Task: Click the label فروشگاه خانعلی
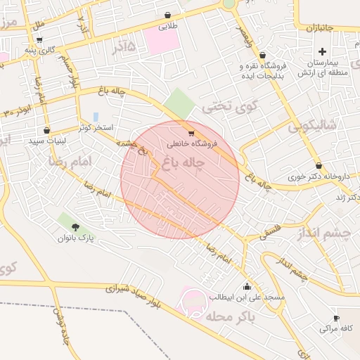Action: click(x=192, y=143)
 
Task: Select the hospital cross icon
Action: click(x=323, y=51)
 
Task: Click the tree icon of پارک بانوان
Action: click(x=75, y=227)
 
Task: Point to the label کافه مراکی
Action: click(x=335, y=328)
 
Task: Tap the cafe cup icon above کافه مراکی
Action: click(x=336, y=318)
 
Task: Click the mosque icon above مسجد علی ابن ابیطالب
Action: click(x=247, y=287)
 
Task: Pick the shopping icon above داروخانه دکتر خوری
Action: click(x=319, y=165)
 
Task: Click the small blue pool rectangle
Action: click(x=96, y=116)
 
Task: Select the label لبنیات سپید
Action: click(x=46, y=141)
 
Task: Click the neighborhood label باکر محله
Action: click(x=229, y=316)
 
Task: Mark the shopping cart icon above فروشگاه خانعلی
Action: click(x=191, y=133)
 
